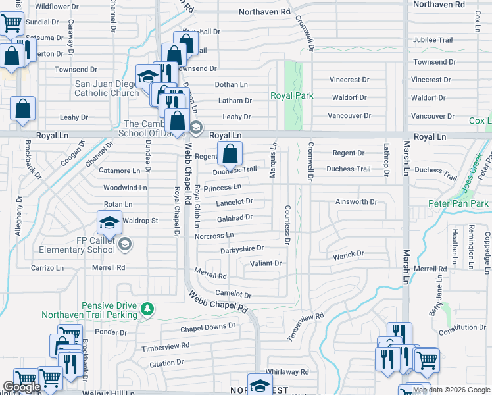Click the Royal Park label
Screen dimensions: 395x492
coord(291,96)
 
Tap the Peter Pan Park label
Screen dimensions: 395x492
coord(458,203)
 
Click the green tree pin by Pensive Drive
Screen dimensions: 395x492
coord(149,307)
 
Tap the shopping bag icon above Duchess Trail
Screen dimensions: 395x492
coord(229,155)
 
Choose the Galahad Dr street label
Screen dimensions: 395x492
coord(234,217)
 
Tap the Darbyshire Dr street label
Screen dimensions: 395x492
coord(242,249)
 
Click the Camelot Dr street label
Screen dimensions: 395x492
coord(233,295)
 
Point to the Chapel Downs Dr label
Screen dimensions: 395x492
coord(208,327)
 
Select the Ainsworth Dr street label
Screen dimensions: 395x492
coord(355,201)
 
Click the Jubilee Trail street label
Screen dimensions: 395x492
coord(433,40)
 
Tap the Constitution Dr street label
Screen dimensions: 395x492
coord(463,327)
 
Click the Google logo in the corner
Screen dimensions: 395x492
coord(22,387)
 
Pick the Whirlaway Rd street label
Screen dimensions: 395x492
coord(287,372)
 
